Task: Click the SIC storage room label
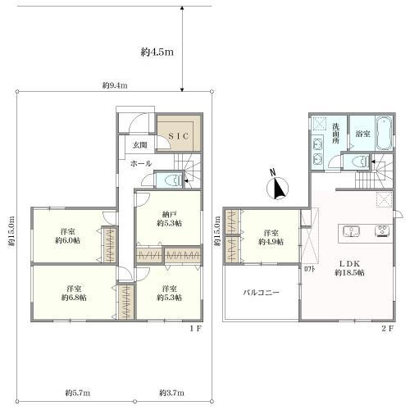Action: pyautogui.click(x=179, y=136)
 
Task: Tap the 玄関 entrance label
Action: pyautogui.click(x=140, y=145)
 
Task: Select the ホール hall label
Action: pyautogui.click(x=141, y=163)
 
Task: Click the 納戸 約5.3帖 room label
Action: pyautogui.click(x=169, y=219)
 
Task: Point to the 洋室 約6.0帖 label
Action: pyautogui.click(x=68, y=236)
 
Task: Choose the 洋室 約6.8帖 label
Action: pyautogui.click(x=74, y=293)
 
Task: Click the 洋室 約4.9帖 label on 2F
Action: pyautogui.click(x=271, y=238)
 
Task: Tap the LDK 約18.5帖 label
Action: pyautogui.click(x=349, y=268)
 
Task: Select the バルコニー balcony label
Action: pyautogui.click(x=262, y=293)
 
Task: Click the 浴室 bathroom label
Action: pyautogui.click(x=362, y=134)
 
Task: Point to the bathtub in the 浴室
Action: pyautogui.click(x=384, y=134)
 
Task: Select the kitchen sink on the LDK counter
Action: pyautogui.click(x=352, y=231)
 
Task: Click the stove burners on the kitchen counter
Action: pyautogui.click(x=383, y=230)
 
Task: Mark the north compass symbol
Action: pyautogui.click(x=277, y=186)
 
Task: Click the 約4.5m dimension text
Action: pyautogui.click(x=157, y=52)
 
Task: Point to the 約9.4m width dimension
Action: pyautogui.click(x=115, y=85)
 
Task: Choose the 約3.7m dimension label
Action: pyautogui.click(x=171, y=393)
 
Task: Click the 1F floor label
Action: pyautogui.click(x=196, y=329)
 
